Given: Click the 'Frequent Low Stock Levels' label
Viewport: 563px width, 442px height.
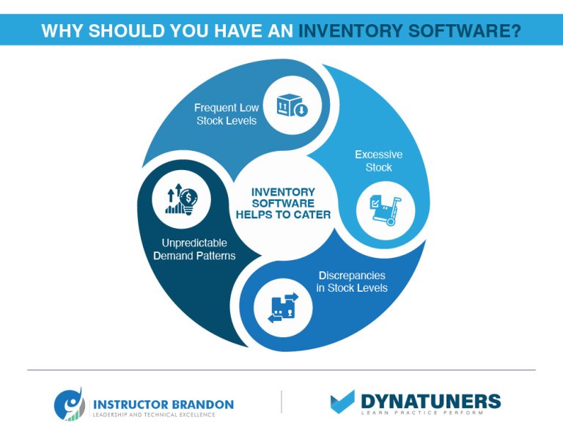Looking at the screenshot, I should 227,114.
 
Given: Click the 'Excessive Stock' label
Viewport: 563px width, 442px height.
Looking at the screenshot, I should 378,161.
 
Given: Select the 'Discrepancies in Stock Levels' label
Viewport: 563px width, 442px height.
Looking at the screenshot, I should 352,281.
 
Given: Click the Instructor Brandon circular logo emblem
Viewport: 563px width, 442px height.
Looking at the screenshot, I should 69,405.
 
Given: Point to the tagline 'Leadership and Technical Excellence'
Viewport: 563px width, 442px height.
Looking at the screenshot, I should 153,416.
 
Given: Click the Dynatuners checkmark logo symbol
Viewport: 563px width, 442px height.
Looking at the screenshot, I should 342,402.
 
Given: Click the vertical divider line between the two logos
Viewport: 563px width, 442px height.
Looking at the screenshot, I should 281,402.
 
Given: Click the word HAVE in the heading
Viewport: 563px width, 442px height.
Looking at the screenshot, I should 238,31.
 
